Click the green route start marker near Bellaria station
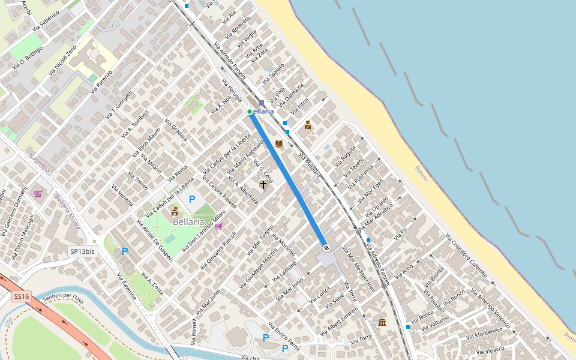pos(250,112)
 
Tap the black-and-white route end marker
pos(326,247)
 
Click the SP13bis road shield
pos(82,252)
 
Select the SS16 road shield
pos(21,296)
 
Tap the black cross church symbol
pos(263,185)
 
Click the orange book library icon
pos(278,144)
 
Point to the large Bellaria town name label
pos(189,221)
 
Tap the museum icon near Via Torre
pos(382,322)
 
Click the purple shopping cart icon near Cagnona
pos(38,194)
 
